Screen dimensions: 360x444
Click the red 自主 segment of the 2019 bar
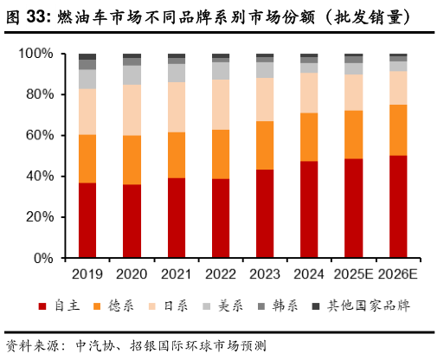point(87,221)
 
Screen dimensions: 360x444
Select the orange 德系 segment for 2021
point(177,155)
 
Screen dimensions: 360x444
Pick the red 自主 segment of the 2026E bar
point(397,207)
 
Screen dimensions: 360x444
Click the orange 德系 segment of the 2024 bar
point(309,137)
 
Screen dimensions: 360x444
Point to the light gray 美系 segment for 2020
point(132,75)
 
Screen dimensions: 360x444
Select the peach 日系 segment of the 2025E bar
point(353,93)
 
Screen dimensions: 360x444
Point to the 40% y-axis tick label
point(40,177)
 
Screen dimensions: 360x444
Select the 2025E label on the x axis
point(353,274)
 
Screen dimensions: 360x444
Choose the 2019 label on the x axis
point(87,274)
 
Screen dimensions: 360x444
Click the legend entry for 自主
point(66,306)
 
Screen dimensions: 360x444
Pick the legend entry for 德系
point(125,306)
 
